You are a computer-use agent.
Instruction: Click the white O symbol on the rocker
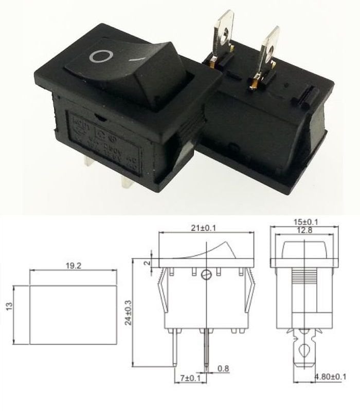[x=101, y=56]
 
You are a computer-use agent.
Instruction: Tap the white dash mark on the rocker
[x=137, y=59]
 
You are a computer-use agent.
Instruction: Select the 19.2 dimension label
[x=72, y=266]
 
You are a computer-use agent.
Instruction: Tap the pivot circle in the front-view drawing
[x=207, y=274]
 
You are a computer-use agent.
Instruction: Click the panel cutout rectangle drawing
[x=73, y=314]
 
